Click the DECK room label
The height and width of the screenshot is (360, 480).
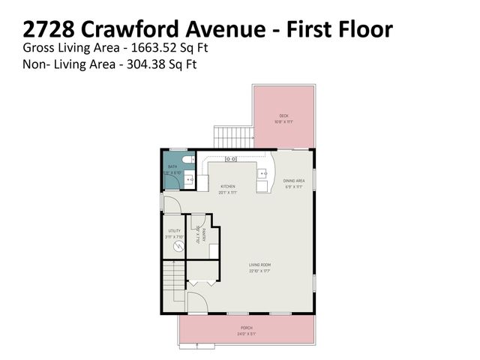point(284,115)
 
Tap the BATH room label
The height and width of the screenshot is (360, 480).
point(172,167)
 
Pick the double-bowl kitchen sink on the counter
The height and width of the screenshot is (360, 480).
point(231,159)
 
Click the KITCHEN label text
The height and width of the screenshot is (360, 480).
point(227,186)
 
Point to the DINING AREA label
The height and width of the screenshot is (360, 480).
point(293,181)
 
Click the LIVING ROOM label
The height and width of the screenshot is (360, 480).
point(260,264)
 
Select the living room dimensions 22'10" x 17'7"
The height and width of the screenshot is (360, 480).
point(260,271)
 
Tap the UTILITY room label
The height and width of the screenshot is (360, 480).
point(174,230)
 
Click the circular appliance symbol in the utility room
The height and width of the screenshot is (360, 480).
point(178,246)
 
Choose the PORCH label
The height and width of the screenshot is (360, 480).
point(247,328)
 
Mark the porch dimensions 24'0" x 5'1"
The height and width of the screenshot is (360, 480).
point(247,334)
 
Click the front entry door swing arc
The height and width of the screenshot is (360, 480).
point(194,304)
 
